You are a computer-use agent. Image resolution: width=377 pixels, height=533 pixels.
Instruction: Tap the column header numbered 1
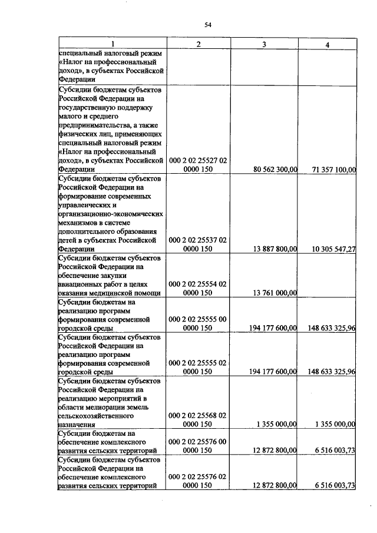112,45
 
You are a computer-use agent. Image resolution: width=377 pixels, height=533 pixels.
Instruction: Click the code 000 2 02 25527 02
198,160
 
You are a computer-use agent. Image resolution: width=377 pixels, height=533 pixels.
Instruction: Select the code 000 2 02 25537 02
198,240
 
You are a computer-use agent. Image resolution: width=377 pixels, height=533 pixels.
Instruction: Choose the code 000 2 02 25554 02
198,284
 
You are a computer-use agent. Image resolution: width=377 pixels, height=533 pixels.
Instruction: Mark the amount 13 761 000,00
273,293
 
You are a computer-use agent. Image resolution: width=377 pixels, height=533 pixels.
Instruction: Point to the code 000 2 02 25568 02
198,416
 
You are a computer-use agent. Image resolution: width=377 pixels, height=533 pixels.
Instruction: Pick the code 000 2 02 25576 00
198,442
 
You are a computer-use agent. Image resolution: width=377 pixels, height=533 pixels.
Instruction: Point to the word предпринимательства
97,125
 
